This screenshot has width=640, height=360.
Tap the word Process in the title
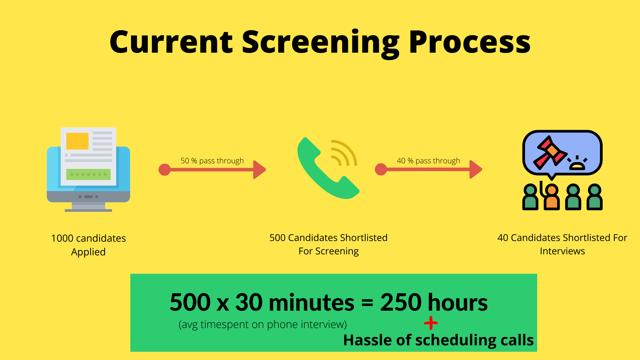(470, 42)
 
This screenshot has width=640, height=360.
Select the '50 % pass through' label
(212, 161)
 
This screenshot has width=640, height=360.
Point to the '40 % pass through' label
(428, 161)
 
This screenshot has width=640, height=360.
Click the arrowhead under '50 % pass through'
(259, 170)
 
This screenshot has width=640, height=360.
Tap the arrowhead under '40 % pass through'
(476, 169)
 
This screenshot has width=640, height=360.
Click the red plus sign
(431, 323)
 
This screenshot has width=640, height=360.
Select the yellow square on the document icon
(77, 141)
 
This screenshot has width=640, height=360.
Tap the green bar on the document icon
(88, 174)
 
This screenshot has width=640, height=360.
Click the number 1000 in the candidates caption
(62, 238)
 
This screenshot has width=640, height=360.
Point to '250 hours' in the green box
(434, 302)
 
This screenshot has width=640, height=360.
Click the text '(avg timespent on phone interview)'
(263, 324)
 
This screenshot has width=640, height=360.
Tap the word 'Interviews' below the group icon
(562, 251)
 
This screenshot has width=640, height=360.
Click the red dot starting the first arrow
(165, 170)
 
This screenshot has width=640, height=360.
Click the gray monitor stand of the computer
(88, 207)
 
